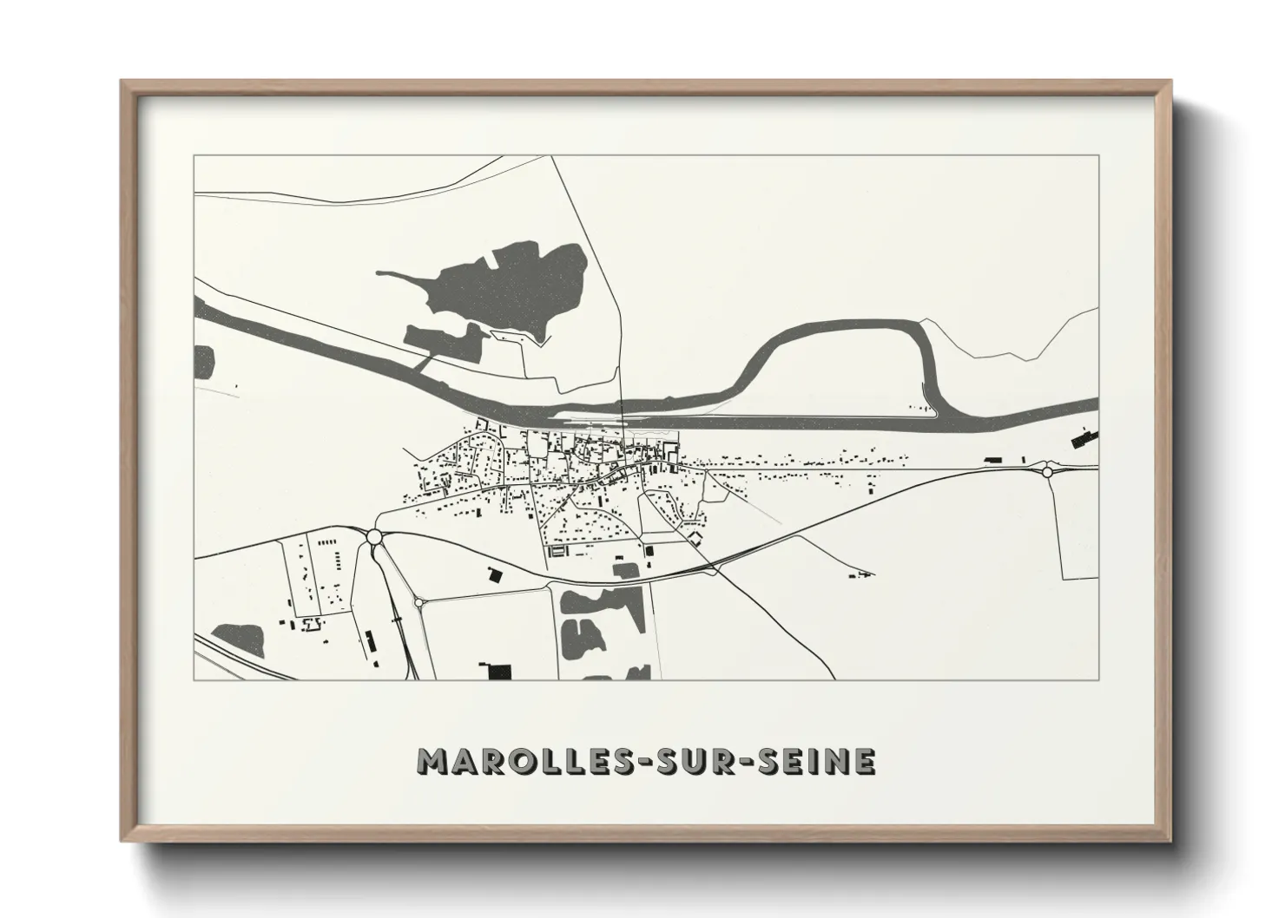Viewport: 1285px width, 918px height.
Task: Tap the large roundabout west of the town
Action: (374, 538)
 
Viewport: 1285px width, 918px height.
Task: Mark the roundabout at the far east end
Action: (1047, 472)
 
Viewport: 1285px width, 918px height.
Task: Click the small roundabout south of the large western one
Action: (418, 602)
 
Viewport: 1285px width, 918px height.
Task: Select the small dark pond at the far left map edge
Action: (205, 360)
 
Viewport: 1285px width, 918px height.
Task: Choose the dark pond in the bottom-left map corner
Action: (239, 640)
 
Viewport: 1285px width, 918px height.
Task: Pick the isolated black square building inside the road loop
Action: (495, 574)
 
